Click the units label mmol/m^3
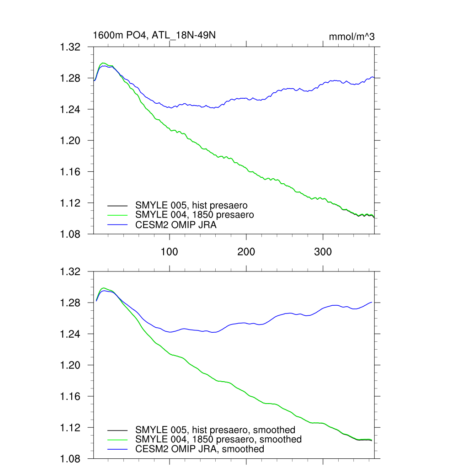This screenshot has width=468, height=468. tap(351, 37)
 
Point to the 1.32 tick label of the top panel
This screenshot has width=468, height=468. tap(71, 47)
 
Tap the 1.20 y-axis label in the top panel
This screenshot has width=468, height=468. tap(71, 141)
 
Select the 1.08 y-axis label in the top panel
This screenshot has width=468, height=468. tap(71, 234)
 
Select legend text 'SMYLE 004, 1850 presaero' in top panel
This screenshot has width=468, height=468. tap(195, 215)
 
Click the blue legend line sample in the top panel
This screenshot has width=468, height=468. tap(117, 224)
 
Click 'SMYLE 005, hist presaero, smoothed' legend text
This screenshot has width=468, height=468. tap(215, 430)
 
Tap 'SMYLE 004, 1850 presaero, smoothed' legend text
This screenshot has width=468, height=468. tap(218, 440)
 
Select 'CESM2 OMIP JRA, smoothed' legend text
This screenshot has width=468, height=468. tap(200, 449)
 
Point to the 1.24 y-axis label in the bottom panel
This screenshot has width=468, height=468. tap(71, 335)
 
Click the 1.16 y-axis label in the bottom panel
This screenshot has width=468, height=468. tap(71, 397)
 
